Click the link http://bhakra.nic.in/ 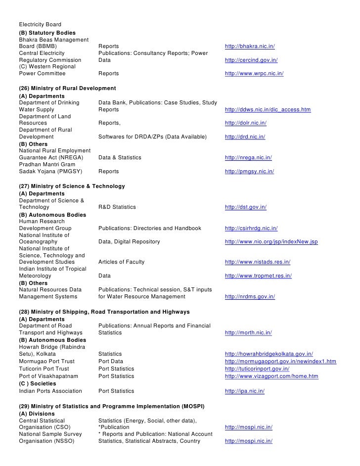coord(250,47)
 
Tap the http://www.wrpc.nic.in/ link coord(254,74)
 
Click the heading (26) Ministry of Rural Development coord(67,88)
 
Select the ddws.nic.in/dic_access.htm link coord(268,109)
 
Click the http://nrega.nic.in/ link coord(248,157)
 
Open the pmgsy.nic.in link coord(249,171)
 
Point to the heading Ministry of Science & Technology coord(72,186)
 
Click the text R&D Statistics coord(117,207)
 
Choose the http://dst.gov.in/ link coord(246,207)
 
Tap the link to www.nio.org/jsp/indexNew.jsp coord(271,242)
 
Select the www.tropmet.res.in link coord(258,276)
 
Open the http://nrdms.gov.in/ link coord(250,296)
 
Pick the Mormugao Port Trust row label coord(46,362)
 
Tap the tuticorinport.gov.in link coord(257,369)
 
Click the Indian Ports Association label coord(50,391)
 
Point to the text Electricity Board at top coord(40,25)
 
